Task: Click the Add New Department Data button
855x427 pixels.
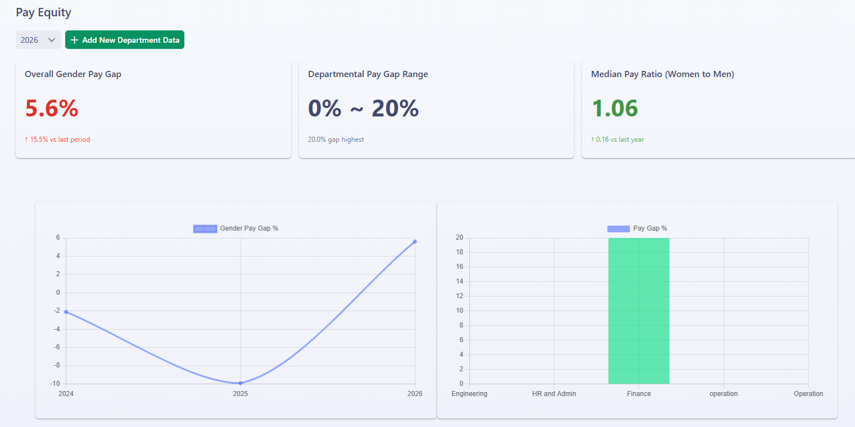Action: [x=124, y=40]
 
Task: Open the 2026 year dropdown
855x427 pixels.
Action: [x=38, y=40]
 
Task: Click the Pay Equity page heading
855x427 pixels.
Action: [x=43, y=12]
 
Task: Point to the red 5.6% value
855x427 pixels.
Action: [x=52, y=108]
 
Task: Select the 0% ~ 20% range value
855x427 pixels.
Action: [x=363, y=108]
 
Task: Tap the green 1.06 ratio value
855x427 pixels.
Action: [x=614, y=108]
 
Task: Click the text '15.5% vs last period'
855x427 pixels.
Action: [x=60, y=140]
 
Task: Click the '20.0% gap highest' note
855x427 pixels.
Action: [x=336, y=140]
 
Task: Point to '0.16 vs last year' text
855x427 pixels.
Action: [x=620, y=140]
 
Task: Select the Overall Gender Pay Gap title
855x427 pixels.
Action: [x=73, y=74]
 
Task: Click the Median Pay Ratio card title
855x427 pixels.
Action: [x=663, y=74]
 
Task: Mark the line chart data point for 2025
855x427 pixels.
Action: [x=241, y=383]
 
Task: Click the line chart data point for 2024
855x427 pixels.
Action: [x=66, y=312]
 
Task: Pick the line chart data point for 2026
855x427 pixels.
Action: [x=415, y=242]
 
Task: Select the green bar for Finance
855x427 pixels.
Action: [x=639, y=311]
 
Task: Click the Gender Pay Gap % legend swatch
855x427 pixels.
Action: [x=205, y=229]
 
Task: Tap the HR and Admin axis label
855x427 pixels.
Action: [x=554, y=394]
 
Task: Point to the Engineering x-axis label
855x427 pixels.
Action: [x=469, y=394]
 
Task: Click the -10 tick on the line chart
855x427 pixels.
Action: [x=55, y=384]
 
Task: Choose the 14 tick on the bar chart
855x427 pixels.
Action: [x=460, y=281]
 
